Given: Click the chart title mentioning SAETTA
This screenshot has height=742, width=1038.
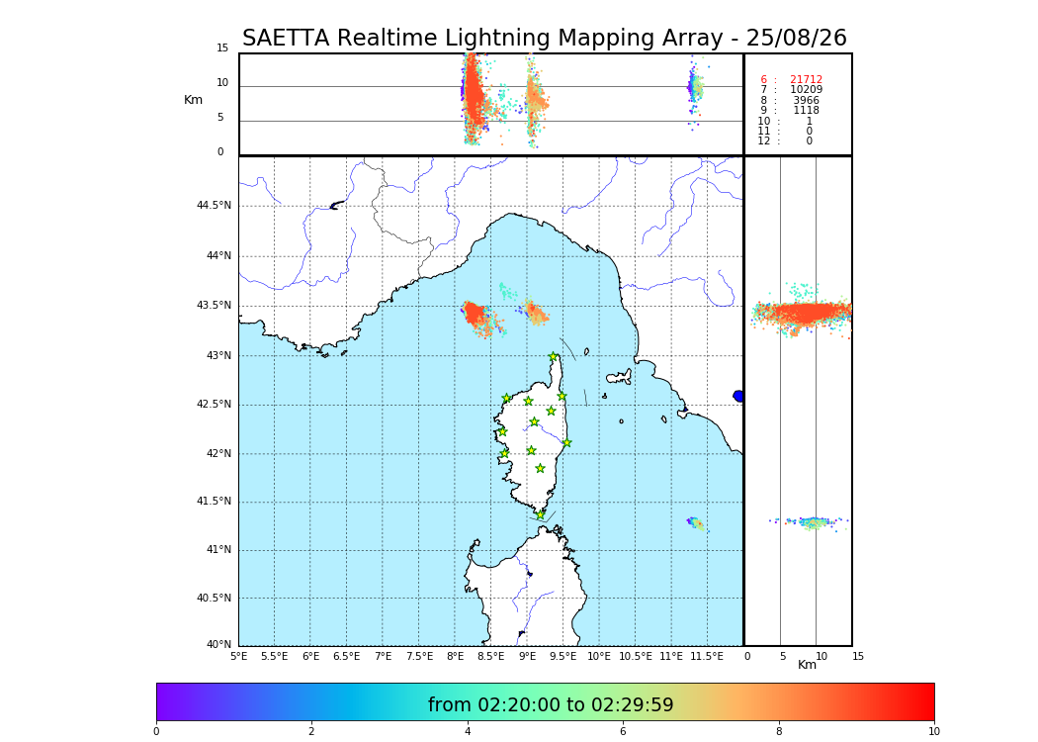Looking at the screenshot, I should coord(545,39).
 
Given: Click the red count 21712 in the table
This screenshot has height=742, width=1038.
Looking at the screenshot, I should coord(806,80).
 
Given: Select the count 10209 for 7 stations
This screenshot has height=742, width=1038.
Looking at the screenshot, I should coord(806,90).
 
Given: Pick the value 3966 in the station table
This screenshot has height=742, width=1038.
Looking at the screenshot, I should coord(806,101).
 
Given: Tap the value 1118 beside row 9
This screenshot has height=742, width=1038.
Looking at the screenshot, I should coord(806,111).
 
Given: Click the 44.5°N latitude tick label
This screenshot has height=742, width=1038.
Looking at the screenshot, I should coord(214,206).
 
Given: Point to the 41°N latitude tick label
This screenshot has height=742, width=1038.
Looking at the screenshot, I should coord(217,550).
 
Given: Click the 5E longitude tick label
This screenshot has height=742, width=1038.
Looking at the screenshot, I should coord(239,656).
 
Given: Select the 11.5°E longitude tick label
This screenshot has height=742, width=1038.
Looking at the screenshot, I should coord(707,656).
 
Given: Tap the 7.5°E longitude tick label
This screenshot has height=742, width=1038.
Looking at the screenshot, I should coord(419,656).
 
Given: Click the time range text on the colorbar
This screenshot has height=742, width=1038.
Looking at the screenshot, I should coord(551,705).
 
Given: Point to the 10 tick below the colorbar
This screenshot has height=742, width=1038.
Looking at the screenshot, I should coord(933,731).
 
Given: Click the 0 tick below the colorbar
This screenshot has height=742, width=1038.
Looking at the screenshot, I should coord(156,731).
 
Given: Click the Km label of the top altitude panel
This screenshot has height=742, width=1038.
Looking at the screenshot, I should coord(193,100).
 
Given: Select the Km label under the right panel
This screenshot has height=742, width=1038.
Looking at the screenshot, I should coord(807,665).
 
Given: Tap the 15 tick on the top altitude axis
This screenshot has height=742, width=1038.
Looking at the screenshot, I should coord(222,48).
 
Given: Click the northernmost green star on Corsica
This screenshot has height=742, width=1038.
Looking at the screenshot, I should coord(554,357).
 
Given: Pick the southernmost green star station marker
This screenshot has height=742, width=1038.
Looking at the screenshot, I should coord(541,514).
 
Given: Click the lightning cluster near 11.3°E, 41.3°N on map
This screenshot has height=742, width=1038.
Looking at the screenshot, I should coord(696,522).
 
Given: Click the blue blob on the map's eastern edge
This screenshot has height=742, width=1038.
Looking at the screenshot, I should coord(738,396).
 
